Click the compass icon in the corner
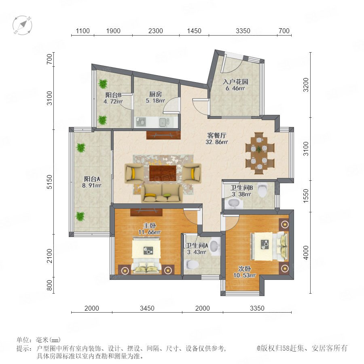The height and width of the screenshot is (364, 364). point(22,25)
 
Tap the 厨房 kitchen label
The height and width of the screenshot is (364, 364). point(155,94)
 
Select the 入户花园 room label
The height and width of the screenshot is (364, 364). point(235,82)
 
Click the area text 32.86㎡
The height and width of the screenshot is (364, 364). point(217,142)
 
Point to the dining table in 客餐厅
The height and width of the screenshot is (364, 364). point(260,153)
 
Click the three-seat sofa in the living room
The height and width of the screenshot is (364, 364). point(162,193)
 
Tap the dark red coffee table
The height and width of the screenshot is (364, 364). point(163,174)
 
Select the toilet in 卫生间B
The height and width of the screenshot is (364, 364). point(262,190)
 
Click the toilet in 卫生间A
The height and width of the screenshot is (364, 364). point(192,264)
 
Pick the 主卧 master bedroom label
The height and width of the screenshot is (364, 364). point(150,225)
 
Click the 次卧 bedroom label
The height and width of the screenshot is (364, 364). point(244,269)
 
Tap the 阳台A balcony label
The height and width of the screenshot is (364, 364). point(92,179)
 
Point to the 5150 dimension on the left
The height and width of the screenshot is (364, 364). point(50,182)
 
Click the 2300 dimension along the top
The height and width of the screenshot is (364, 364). point(156,31)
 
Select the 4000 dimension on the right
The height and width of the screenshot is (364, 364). point(306,253)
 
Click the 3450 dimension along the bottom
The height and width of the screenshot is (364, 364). point(147,308)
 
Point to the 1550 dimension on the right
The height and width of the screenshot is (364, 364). point(306,196)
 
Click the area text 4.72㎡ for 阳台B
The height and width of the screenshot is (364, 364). point(113,102)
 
